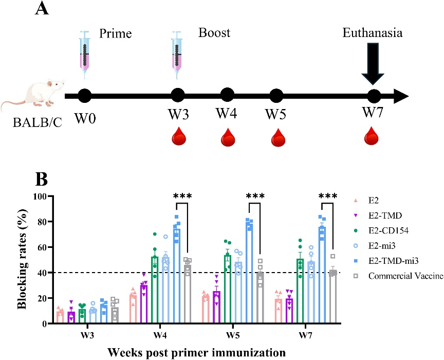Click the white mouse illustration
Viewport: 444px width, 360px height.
tap(30, 96)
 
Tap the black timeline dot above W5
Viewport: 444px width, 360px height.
tap(276, 96)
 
